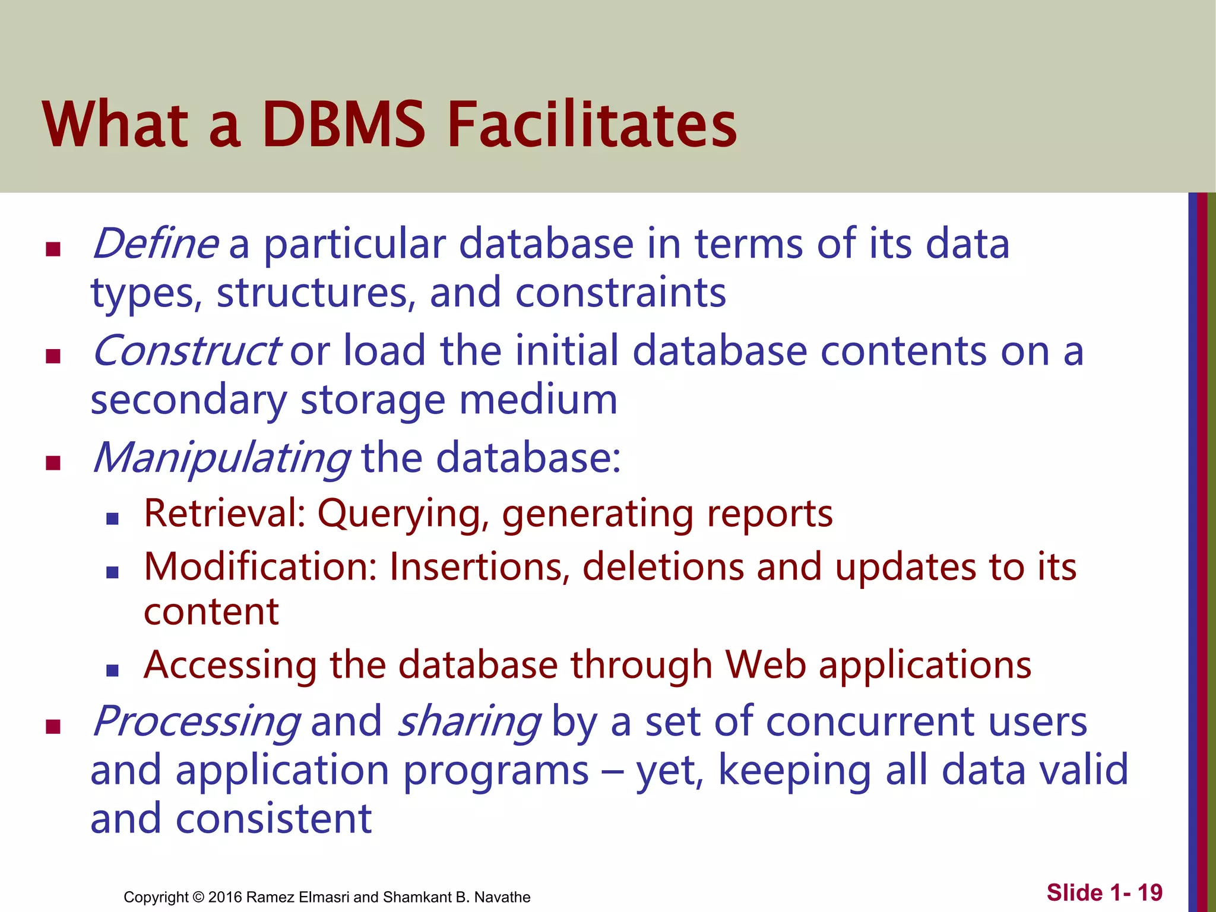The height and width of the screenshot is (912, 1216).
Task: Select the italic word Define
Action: click(x=156, y=244)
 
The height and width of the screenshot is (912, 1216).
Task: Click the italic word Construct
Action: click(x=185, y=351)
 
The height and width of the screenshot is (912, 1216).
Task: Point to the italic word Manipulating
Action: click(x=221, y=459)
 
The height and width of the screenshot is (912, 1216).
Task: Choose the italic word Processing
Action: click(x=196, y=722)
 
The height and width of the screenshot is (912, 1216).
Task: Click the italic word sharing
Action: click(x=468, y=722)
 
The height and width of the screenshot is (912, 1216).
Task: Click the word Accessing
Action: click(x=230, y=665)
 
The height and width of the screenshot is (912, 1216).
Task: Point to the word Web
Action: click(x=765, y=665)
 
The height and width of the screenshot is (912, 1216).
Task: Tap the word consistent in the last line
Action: click(x=274, y=819)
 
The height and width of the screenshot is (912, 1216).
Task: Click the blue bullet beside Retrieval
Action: click(x=112, y=519)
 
